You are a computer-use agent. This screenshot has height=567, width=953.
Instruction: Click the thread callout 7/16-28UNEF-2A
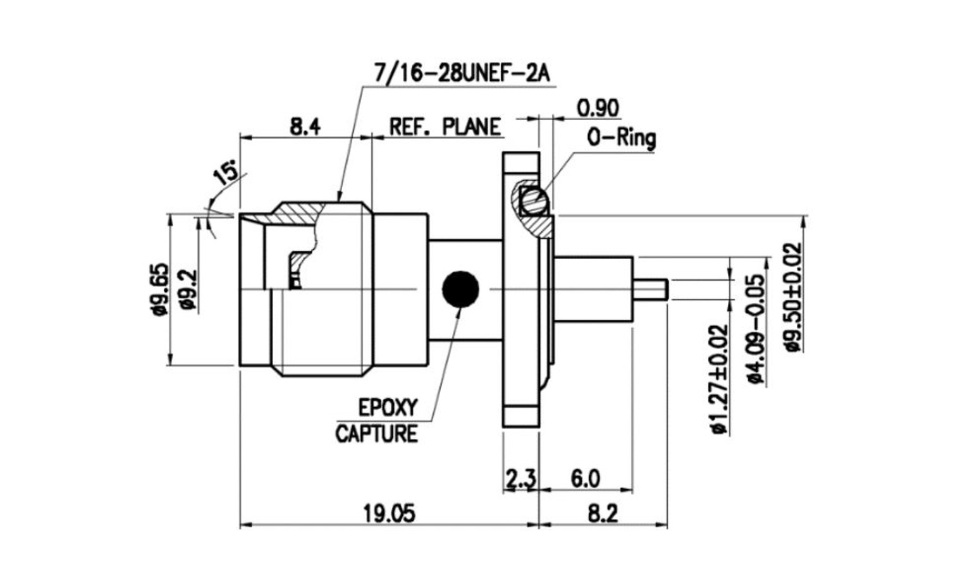[x=462, y=73]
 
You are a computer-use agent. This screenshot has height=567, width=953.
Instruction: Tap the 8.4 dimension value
[x=305, y=126]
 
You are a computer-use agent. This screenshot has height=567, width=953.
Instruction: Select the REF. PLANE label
[x=445, y=127]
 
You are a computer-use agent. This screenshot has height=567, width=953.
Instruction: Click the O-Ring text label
[x=622, y=138]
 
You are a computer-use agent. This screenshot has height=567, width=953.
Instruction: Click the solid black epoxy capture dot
[x=460, y=289]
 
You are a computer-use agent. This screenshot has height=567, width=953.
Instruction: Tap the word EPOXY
[x=388, y=408]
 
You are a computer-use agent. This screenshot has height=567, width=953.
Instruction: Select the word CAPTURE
[x=376, y=434]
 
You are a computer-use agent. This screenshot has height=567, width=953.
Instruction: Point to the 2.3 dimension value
[x=520, y=479]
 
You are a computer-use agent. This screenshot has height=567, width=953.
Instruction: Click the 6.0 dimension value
[x=585, y=479]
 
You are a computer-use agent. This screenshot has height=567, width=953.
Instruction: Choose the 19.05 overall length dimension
[x=389, y=513]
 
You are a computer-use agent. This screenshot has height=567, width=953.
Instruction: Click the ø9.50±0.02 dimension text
[x=794, y=297]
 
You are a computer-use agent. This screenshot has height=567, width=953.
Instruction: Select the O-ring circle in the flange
[x=534, y=202]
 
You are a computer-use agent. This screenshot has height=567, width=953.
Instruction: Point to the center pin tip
[x=667, y=290]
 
